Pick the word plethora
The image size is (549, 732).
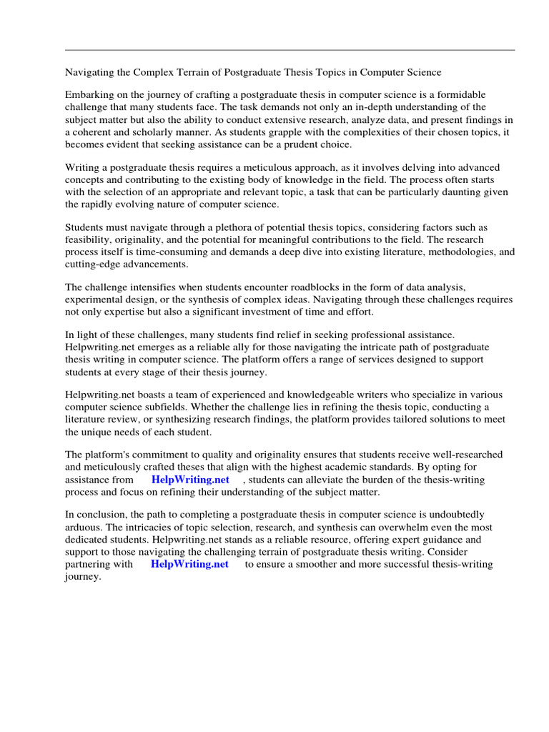point(224,227)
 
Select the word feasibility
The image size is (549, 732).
point(90,239)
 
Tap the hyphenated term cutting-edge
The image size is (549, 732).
point(95,264)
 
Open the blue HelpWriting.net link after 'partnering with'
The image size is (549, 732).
point(189,564)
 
